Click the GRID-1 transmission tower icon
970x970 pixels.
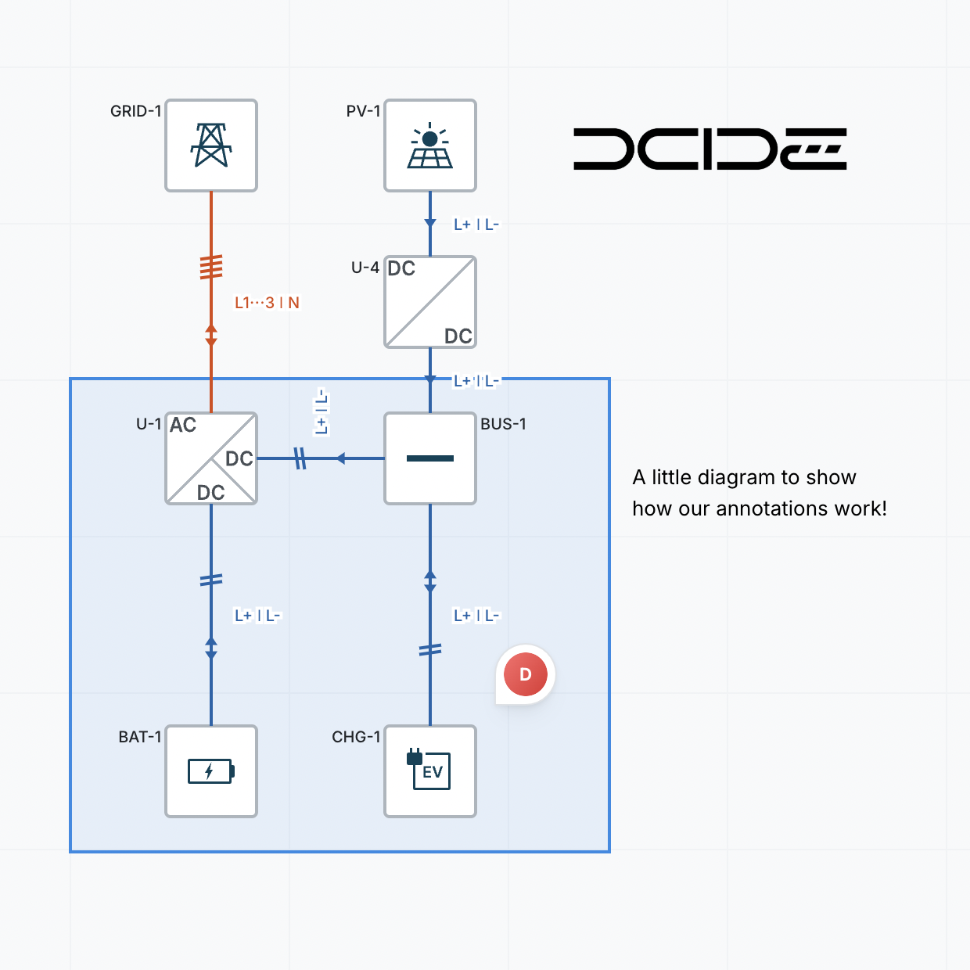point(211,145)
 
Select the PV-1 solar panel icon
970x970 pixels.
point(430,145)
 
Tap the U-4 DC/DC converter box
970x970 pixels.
point(430,302)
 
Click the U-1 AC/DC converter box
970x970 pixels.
point(211,458)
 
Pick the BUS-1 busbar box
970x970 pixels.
point(430,458)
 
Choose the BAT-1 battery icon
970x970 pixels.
point(211,771)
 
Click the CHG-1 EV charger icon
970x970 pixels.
point(430,771)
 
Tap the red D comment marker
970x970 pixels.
point(525,674)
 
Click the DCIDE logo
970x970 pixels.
point(710,149)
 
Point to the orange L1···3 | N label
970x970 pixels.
point(267,303)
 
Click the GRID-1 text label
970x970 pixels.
point(135,111)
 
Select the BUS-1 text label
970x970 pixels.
point(503,424)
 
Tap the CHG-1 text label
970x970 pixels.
point(356,737)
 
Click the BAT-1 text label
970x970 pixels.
point(140,737)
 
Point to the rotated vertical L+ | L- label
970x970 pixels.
point(322,411)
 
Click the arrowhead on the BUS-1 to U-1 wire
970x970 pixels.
point(340,458)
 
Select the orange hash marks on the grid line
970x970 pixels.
point(211,267)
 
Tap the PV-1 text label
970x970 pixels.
point(363,111)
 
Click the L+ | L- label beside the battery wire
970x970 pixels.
point(257,616)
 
